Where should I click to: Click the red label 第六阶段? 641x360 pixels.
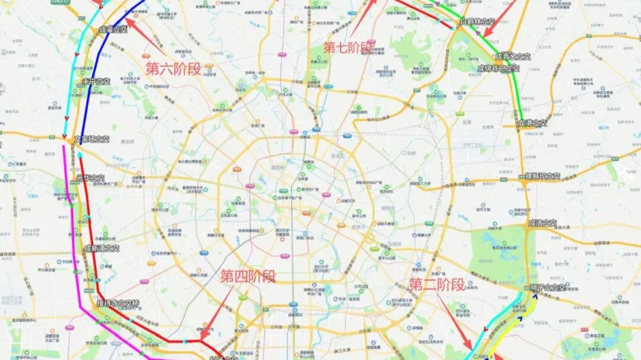click(173, 68)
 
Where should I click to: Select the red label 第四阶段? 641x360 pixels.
click(248, 276)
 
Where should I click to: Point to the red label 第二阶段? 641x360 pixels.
click(437, 285)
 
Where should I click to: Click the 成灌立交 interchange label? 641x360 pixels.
click(113, 28)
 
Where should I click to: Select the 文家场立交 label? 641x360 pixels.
click(92, 139)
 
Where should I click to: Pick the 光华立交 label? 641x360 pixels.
click(90, 178)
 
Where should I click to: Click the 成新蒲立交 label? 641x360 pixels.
click(101, 248)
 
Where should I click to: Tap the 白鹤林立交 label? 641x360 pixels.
click(477, 21)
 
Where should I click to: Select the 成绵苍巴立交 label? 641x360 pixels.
click(499, 68)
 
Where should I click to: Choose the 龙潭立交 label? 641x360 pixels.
click(532, 123)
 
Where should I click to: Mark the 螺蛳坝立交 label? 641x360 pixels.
click(543, 176)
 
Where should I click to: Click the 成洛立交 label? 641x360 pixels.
click(542, 224)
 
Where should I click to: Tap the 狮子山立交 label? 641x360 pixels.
click(545, 288)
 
